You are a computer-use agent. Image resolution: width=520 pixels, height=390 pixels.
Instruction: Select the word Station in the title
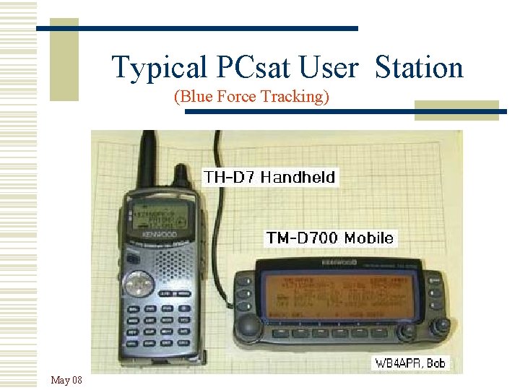click(x=419, y=68)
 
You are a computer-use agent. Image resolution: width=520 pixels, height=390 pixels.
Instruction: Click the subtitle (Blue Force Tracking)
click(x=251, y=97)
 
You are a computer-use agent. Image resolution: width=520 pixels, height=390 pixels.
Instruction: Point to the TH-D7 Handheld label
click(x=269, y=176)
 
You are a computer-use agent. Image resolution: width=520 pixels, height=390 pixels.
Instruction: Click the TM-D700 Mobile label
click(x=330, y=238)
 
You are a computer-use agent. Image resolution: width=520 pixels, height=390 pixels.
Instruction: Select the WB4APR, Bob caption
click(x=409, y=363)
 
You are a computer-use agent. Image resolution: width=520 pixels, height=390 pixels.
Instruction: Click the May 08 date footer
click(x=66, y=380)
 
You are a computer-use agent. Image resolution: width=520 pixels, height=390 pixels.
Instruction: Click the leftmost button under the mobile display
click(x=279, y=333)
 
